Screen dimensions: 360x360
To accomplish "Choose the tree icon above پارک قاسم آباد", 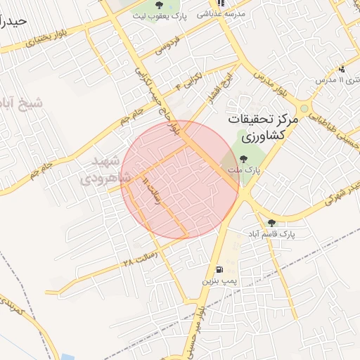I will [x=271, y=223].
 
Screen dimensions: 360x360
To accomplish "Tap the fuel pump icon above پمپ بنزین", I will [x=219, y=269].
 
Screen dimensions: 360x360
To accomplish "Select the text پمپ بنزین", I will [x=218, y=281].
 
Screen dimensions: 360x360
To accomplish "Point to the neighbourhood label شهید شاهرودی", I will [x=110, y=169].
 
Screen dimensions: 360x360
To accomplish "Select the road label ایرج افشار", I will [x=208, y=89].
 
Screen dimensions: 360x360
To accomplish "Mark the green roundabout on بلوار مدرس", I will [x=304, y=109].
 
